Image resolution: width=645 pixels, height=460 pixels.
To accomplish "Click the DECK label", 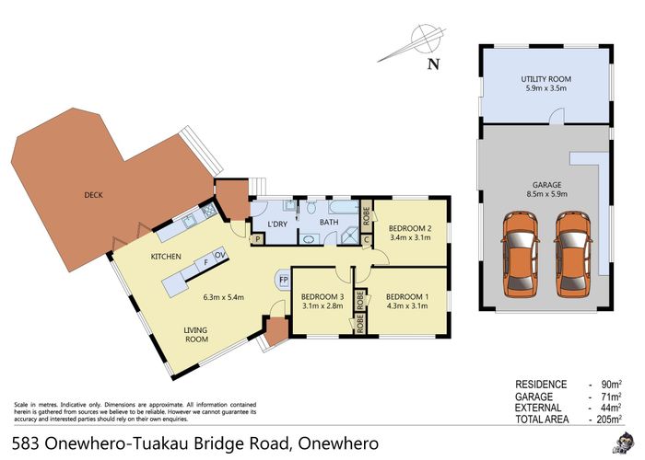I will [93, 195].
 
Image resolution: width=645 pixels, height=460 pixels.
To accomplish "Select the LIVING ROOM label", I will [194, 334].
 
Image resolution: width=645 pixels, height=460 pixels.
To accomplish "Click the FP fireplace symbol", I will [284, 279].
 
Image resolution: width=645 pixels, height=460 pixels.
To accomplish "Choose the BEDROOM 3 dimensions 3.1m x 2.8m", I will [322, 306].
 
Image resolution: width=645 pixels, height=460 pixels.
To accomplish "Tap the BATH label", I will [329, 222].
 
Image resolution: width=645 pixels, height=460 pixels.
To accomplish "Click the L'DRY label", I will [278, 225].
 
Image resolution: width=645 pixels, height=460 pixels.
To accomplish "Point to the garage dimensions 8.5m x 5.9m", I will [546, 194].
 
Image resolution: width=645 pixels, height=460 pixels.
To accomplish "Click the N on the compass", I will [433, 63].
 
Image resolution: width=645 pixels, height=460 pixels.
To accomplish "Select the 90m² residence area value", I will [611, 383].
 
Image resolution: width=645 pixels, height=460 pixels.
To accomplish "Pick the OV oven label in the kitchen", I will [221, 254].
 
